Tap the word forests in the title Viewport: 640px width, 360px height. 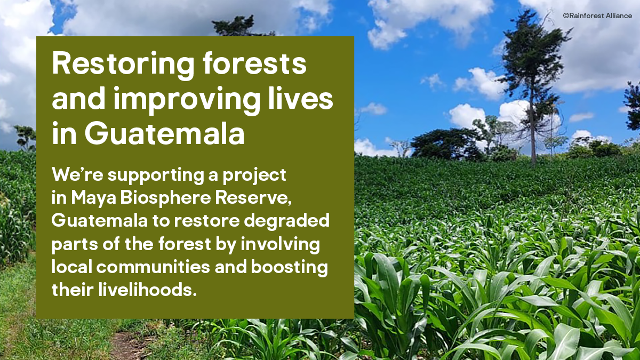click(254, 63)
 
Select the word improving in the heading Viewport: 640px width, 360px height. click(187, 101)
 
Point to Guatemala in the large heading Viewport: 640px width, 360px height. click(165, 133)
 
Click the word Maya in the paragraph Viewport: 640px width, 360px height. click(93, 199)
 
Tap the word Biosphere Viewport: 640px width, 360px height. click(165, 199)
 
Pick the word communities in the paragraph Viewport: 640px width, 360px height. click(153, 267)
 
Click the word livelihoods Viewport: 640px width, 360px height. click(148, 290)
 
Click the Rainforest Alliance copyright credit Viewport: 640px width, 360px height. click(597, 15)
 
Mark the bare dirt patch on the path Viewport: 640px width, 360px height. click(126, 346)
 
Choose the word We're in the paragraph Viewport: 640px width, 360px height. click(77, 174)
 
